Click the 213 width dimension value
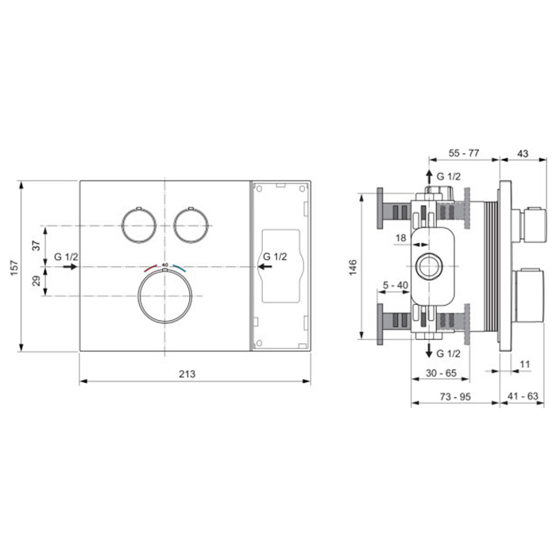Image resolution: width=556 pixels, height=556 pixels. (187, 374)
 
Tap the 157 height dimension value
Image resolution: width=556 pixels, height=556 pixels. (14, 268)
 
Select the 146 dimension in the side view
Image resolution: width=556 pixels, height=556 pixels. (353, 268)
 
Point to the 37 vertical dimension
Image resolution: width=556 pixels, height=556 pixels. (37, 245)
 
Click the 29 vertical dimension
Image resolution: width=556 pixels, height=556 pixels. (37, 281)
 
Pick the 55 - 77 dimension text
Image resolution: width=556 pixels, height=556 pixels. (463, 153)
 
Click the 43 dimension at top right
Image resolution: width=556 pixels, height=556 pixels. (523, 153)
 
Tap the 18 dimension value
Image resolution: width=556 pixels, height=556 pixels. (400, 237)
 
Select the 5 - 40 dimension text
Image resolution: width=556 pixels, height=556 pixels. (396, 285)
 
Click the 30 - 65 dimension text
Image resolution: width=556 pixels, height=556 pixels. (441, 373)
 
